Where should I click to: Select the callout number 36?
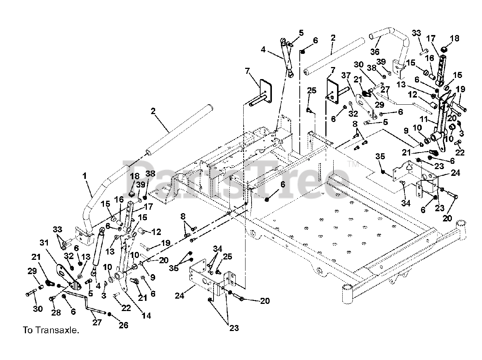point(375,51)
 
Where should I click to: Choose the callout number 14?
point(146,316)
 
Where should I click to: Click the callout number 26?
point(123,325)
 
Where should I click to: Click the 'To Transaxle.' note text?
point(51,331)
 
